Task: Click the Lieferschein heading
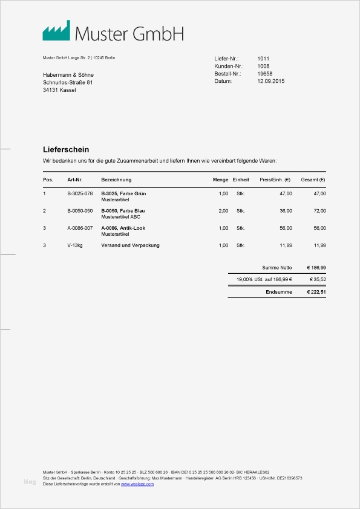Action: point(66,149)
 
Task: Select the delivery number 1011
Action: point(263,59)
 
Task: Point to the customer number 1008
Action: point(263,66)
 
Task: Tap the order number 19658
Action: point(264,73)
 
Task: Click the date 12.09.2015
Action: point(270,81)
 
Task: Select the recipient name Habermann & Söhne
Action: point(68,75)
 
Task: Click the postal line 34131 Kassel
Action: point(59,90)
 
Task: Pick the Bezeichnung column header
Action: point(116,180)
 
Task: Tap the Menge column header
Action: point(220,180)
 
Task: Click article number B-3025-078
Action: point(80,193)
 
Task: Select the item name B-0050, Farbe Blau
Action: point(123,210)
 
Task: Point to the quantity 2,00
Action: point(223,211)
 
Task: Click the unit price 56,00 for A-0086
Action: point(286,228)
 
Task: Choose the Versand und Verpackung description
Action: point(130,245)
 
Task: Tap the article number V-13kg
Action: point(75,245)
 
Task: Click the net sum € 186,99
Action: point(316,267)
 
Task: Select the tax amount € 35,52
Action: point(318,280)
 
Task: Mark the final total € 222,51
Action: point(316,292)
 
